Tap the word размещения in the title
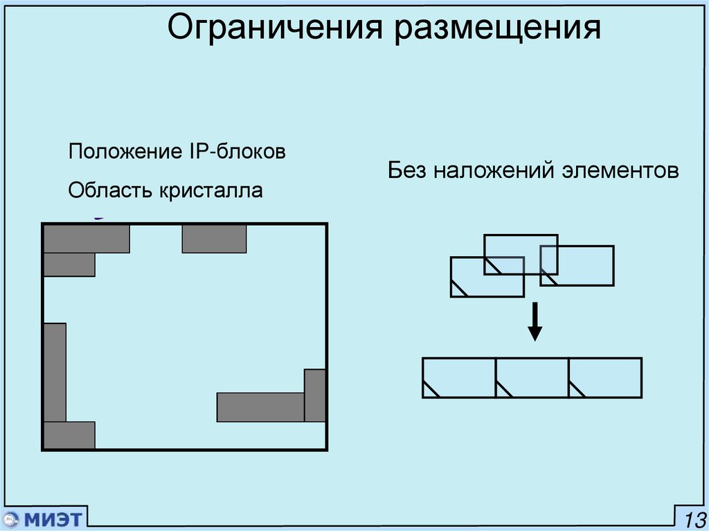tap(498, 29)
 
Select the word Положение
tap(124, 152)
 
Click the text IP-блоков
tap(235, 152)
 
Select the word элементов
tap(621, 170)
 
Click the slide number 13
tap(694, 519)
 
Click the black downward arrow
tap(534, 322)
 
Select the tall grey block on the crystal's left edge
tap(55, 372)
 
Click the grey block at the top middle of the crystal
tap(214, 238)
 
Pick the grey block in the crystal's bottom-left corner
tap(69, 435)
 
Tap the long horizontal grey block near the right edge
tap(260, 407)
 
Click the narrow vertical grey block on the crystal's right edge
tap(315, 395)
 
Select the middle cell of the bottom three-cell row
tap(532, 377)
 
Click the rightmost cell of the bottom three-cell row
tap(606, 377)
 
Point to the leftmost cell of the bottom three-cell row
tap(459, 377)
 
